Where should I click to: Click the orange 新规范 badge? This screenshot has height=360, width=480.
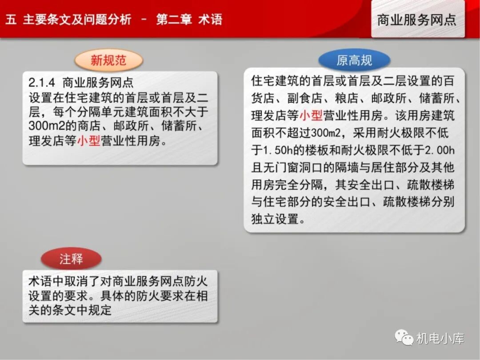(108, 60)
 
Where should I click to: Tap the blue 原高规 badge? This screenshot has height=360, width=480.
(354, 60)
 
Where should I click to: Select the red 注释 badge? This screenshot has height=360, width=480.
(71, 259)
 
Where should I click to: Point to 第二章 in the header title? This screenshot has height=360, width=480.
(174, 20)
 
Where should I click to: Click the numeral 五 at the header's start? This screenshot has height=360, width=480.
(11, 20)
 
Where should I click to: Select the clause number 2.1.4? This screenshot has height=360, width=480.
(42, 83)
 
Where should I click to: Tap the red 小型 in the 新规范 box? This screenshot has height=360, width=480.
(88, 141)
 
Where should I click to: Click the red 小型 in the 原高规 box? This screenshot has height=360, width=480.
(311, 116)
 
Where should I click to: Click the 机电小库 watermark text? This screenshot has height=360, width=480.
(440, 339)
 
